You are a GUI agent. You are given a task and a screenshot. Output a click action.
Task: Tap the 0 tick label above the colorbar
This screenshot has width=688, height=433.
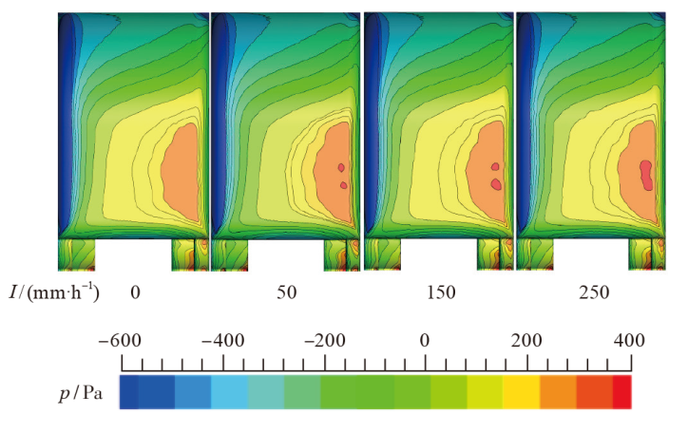tap(425, 340)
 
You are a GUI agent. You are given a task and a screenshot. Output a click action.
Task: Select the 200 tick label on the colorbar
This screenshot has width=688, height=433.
tap(526, 340)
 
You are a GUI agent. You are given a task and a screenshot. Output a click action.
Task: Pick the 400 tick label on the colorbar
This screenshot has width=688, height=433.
tap(628, 340)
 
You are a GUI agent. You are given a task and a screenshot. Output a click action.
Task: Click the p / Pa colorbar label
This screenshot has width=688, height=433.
tap(79, 391)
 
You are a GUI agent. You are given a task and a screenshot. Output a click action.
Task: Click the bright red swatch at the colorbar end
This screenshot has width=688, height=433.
tap(621, 391)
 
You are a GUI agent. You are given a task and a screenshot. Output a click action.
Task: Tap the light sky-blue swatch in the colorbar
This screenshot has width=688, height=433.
tap(229, 391)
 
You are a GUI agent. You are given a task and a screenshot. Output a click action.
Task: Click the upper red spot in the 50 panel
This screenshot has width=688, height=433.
tap(341, 168)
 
